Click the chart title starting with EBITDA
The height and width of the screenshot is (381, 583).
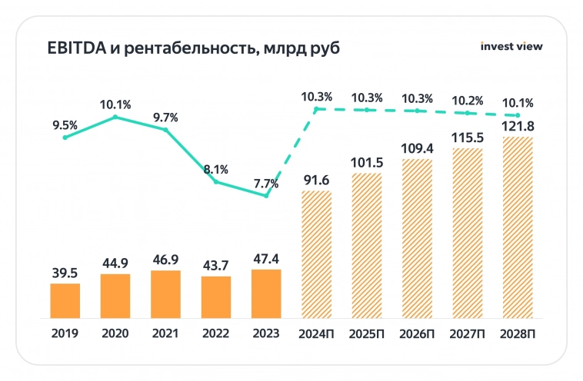183,48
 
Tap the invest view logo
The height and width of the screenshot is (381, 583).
511,46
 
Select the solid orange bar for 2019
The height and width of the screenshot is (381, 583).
65,300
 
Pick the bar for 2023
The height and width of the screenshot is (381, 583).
266,293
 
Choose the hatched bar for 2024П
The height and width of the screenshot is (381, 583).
316,254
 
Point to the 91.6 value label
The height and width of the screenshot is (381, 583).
316,180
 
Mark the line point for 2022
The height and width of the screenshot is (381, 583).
216,182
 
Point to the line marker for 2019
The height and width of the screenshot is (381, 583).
65,137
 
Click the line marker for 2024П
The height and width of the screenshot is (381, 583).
316,110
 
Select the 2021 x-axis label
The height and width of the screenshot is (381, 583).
165,335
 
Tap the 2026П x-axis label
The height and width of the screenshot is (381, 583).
417,335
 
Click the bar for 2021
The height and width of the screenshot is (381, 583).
165,294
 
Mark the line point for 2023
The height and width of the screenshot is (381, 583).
266,196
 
